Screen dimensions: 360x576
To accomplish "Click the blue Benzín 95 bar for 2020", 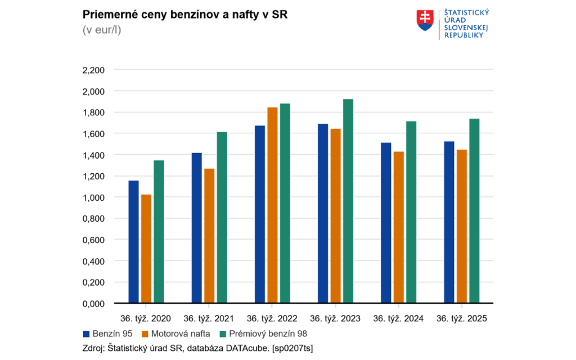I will [x=133, y=242].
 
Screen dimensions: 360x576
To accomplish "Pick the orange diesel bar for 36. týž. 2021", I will [x=209, y=236].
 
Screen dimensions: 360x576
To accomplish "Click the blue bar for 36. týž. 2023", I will [x=323, y=213].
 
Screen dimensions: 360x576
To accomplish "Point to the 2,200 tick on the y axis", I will [x=93, y=70].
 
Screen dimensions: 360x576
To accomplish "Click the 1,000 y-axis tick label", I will [x=93, y=197].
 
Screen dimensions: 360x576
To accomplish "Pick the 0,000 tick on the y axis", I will [x=93, y=304].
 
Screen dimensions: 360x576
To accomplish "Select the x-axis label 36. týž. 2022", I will [x=272, y=318].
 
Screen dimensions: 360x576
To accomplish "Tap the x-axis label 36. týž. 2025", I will [x=462, y=318].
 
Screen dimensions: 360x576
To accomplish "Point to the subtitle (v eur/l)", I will [x=102, y=30].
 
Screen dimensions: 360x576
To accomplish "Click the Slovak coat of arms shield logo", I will [x=425, y=20].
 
